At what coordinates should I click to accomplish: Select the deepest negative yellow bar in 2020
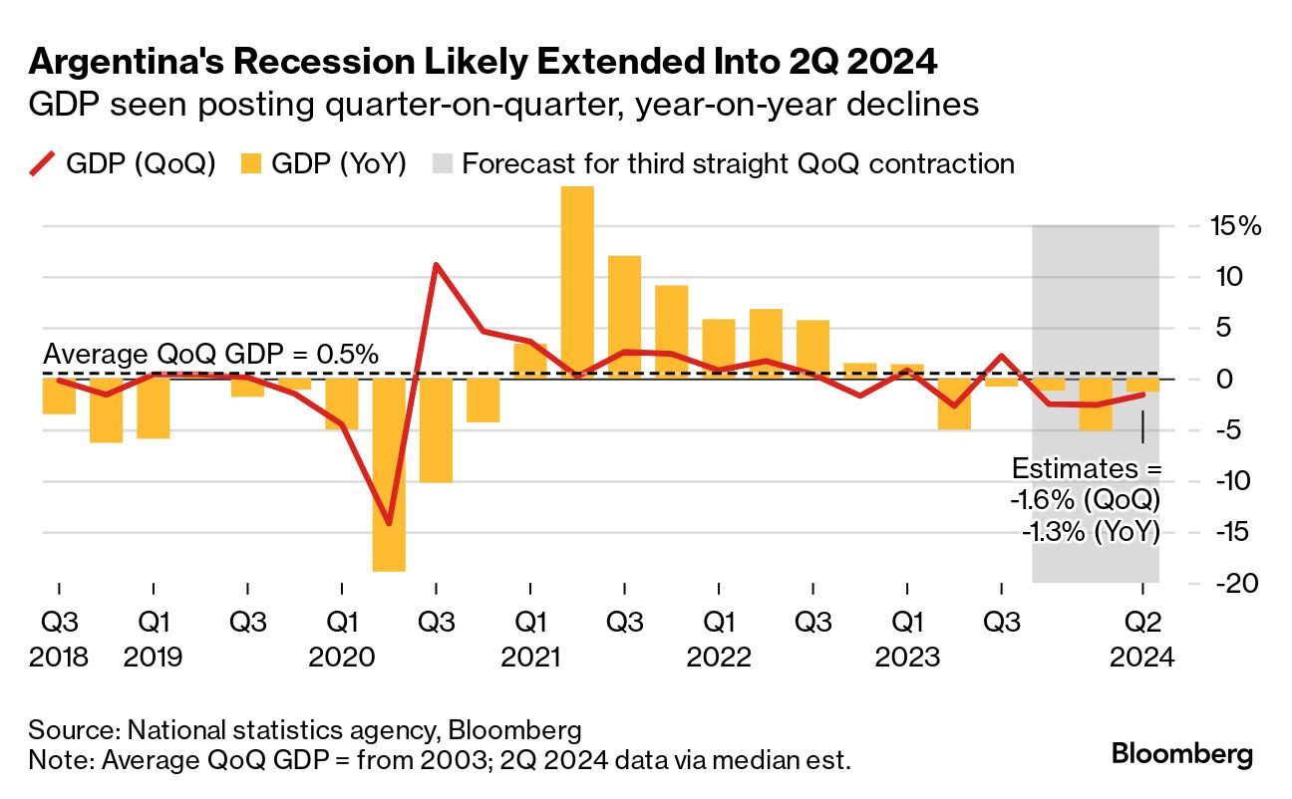click(x=389, y=474)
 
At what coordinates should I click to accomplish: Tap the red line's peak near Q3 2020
click(x=436, y=264)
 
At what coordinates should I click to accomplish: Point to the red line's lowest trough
click(x=389, y=524)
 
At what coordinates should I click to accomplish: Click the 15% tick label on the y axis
click(x=1236, y=226)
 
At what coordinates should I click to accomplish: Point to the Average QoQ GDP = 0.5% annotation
click(x=210, y=354)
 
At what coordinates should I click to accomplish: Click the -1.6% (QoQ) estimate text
click(x=1091, y=500)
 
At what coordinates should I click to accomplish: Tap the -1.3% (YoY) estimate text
click(x=1091, y=532)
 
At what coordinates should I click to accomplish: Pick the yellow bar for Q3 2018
click(x=59, y=397)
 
